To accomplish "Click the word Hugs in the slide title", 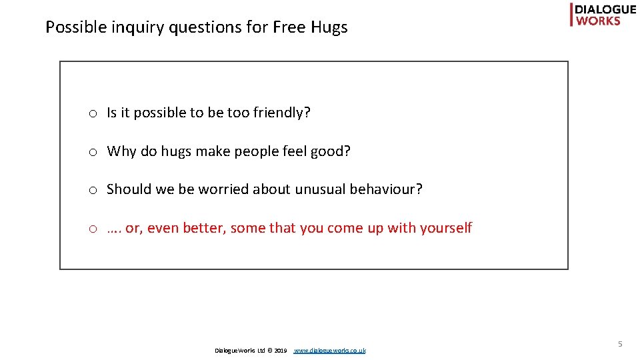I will (329, 28).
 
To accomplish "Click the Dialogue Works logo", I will (603, 15).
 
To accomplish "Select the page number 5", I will (619, 344).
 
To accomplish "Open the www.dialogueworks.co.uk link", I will (329, 351).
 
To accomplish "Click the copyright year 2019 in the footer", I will (281, 351).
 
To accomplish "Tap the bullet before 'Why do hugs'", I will (94, 152).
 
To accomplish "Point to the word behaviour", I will (388, 189).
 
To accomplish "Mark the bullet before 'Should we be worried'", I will (94, 190).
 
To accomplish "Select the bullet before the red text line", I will (94, 229).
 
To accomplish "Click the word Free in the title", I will (289, 28).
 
